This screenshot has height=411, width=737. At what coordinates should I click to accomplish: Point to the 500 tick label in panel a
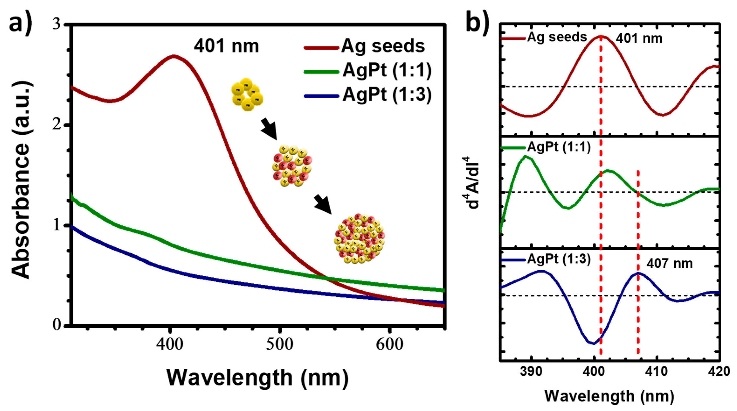tap(279, 345)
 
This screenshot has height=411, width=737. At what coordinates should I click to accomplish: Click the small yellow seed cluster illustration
tap(247, 94)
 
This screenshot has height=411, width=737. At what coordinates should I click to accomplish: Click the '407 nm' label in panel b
tap(669, 263)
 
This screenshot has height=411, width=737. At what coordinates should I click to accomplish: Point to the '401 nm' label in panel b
tap(639, 38)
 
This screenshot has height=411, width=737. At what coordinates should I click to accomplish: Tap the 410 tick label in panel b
tap(657, 372)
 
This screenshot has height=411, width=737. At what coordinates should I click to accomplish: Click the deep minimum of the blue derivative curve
tap(594, 343)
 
